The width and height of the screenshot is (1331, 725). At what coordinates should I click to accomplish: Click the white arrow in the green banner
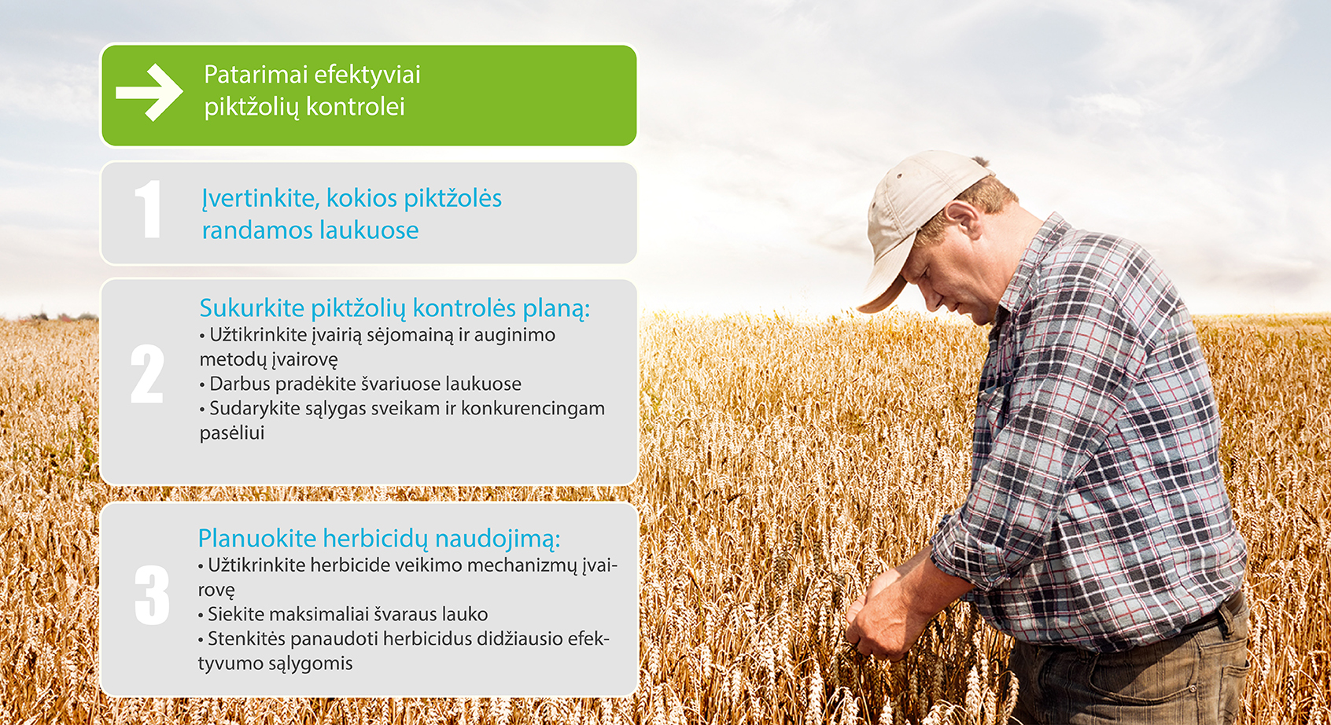149,93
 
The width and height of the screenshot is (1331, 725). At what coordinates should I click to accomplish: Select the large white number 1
148,209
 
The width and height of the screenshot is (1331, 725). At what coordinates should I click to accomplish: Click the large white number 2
147,374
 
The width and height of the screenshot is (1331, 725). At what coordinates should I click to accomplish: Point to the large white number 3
152,595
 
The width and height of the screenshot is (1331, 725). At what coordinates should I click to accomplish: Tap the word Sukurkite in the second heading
252,308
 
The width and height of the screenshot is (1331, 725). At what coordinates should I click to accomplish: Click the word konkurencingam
533,409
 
